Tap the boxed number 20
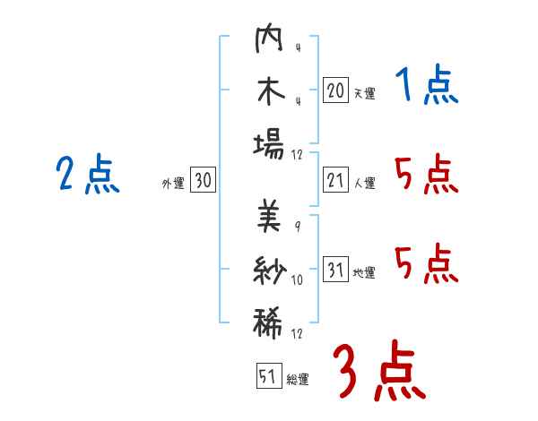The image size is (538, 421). point(335,90)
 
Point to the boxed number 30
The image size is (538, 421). point(203,181)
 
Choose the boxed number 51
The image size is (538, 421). point(266,377)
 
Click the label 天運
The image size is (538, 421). point(364,93)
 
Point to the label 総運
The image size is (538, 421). point(297,380)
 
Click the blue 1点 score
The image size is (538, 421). point(427,87)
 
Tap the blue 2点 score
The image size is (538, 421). point(88,174)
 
